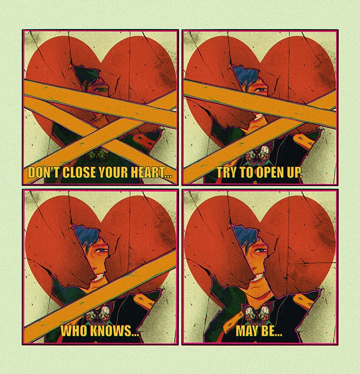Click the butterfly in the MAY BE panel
click(x=258, y=313)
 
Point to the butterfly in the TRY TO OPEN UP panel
click(x=258, y=153)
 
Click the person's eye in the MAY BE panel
click(x=261, y=251)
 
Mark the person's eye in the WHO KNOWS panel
click(x=101, y=250)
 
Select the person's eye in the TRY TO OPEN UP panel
click(x=260, y=90)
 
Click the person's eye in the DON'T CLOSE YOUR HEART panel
click(x=101, y=90)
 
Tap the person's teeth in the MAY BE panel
click(x=257, y=278)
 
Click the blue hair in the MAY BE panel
click(x=246, y=236)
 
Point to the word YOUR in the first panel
click(x=114, y=172)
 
